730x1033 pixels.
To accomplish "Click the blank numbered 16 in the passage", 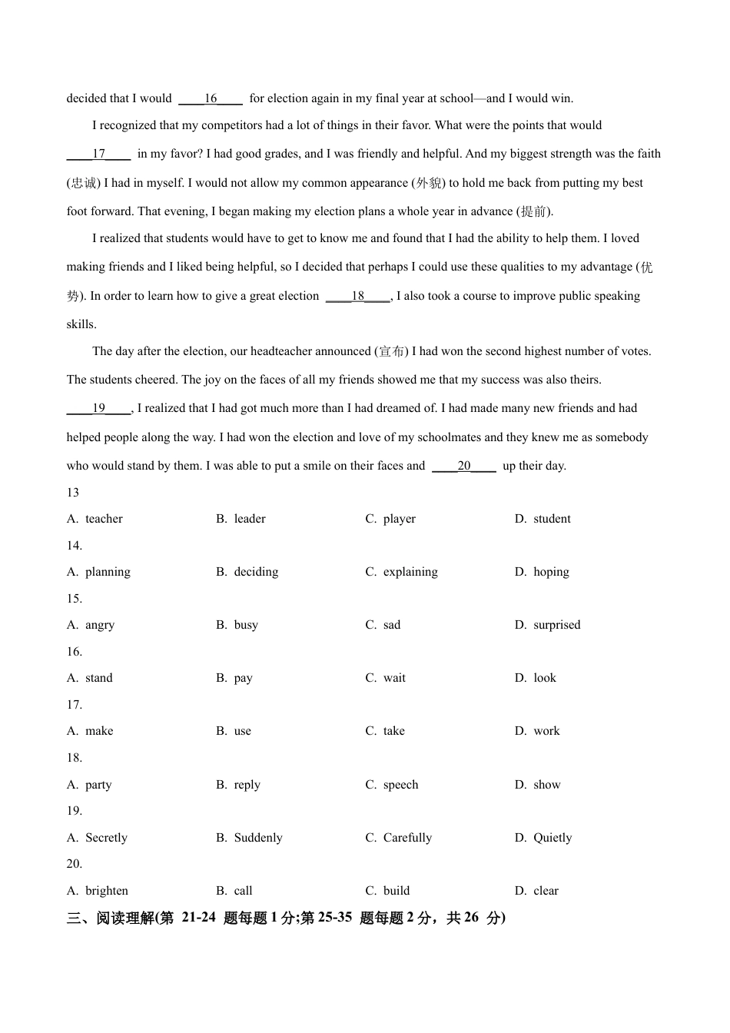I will [211, 98].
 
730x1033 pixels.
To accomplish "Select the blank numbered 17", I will [98, 154].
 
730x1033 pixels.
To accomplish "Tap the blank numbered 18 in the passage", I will [358, 296].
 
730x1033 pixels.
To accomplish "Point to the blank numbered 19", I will [98, 409].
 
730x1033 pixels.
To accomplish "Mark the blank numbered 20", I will [464, 466].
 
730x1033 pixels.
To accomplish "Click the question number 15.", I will [75, 599].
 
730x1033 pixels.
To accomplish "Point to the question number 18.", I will [75, 758].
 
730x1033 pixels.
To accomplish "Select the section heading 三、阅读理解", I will [111, 918].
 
